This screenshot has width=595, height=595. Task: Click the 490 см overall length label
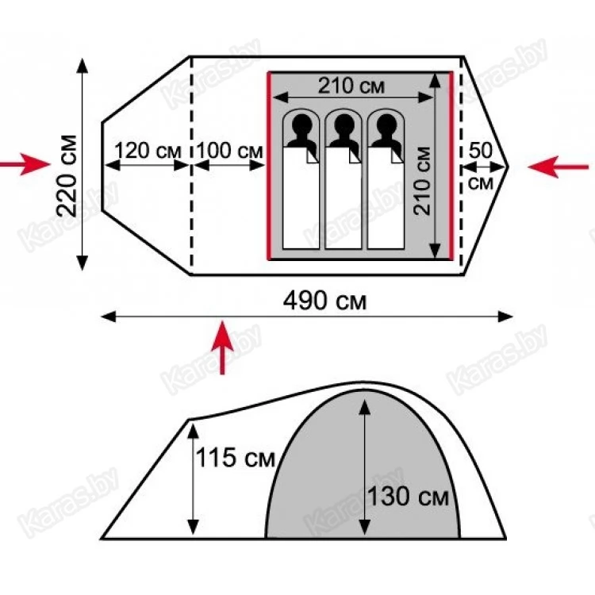[x=324, y=301]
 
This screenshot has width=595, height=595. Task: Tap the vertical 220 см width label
[x=67, y=175]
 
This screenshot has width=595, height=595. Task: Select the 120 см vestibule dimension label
[x=148, y=151]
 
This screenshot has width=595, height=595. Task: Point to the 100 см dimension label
[x=229, y=150]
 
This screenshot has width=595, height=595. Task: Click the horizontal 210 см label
[x=351, y=86]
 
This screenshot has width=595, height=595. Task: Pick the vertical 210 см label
[x=422, y=181]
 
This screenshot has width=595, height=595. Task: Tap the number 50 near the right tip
[x=481, y=150]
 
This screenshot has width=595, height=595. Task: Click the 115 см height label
[x=236, y=457]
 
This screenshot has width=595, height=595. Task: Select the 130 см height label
[x=409, y=496]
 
